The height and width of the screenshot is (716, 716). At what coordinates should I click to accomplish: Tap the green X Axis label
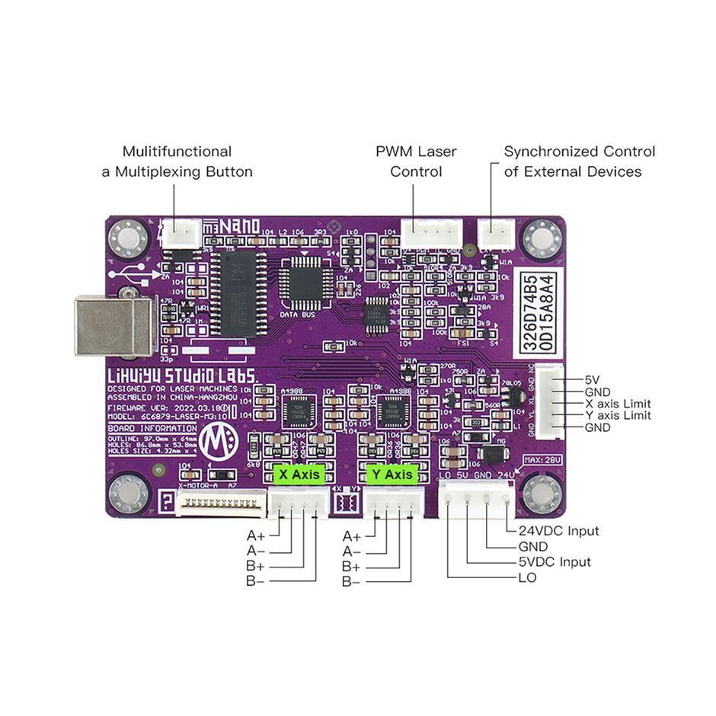pyautogui.click(x=299, y=475)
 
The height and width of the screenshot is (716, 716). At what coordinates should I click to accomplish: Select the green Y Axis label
pyautogui.click(x=394, y=475)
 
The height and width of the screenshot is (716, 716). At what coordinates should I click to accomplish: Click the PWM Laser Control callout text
pyautogui.click(x=416, y=161)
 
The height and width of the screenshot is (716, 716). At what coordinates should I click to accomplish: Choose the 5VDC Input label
pyautogui.click(x=555, y=562)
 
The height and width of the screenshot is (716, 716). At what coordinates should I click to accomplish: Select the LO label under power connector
pyautogui.click(x=526, y=578)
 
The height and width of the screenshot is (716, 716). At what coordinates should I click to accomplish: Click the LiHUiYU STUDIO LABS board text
pyautogui.click(x=183, y=375)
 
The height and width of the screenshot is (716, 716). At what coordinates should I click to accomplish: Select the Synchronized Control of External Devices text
pyautogui.click(x=579, y=161)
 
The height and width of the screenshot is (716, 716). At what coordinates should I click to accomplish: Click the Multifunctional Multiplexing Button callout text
pyautogui.click(x=177, y=161)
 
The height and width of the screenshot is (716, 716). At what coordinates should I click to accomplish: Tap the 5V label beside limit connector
pyautogui.click(x=593, y=379)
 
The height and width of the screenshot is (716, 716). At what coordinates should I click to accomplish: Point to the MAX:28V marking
pyautogui.click(x=540, y=460)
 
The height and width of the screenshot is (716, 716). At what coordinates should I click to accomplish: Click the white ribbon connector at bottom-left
pyautogui.click(x=221, y=503)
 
